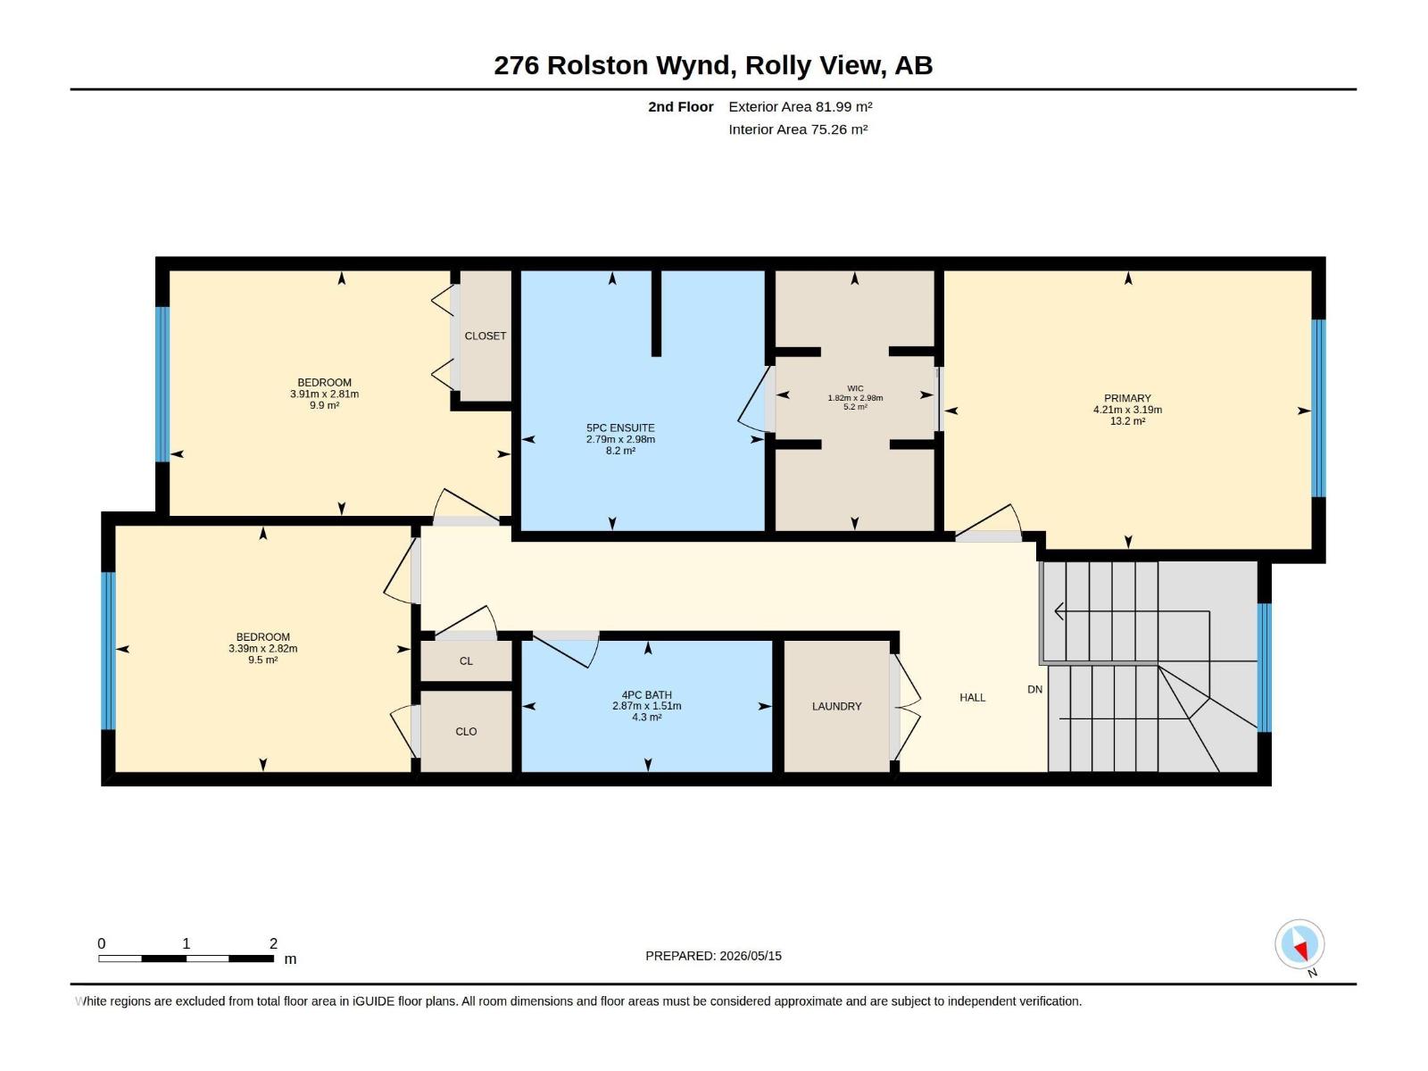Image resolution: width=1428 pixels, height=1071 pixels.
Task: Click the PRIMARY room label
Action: [x=1127, y=398]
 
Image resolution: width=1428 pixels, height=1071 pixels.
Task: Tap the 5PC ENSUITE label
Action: [x=620, y=428]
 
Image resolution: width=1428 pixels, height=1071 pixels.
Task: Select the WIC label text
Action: [x=855, y=388]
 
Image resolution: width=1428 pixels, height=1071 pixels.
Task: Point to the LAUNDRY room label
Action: [x=836, y=706]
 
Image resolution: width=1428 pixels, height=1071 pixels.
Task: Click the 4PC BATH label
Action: [x=647, y=694]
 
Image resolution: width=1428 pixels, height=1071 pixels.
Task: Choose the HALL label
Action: [x=972, y=698]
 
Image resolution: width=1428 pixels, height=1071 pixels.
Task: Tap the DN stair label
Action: [x=1034, y=689]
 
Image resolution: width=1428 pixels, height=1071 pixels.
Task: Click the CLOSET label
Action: [x=485, y=336]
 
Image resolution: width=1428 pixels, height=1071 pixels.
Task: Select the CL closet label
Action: [x=466, y=661]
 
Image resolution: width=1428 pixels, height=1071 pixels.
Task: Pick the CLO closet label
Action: [x=466, y=732]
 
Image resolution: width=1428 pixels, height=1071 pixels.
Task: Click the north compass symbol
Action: [x=1299, y=945]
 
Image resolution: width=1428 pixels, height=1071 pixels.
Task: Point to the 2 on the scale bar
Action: [x=273, y=943]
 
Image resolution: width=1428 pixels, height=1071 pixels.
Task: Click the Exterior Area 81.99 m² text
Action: [x=801, y=106]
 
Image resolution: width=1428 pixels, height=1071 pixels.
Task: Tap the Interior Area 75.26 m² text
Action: [x=798, y=129]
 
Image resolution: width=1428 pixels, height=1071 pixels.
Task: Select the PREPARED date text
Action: [x=713, y=956]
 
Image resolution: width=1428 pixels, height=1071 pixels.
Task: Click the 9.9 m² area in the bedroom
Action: [x=324, y=405]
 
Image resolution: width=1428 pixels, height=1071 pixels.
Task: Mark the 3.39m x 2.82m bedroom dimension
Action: [x=262, y=648]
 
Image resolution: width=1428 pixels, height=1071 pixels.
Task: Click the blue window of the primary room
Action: [x=1318, y=409]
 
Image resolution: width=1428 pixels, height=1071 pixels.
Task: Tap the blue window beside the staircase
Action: [x=1264, y=668]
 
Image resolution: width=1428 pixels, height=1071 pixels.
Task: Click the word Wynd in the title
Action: [x=695, y=66]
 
